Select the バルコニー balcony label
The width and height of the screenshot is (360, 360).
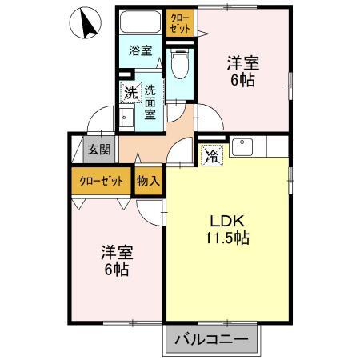coord(213,340)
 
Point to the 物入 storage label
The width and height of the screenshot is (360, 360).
coord(149,181)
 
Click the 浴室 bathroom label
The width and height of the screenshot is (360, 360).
coord(141,51)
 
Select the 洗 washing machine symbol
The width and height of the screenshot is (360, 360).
coord(130,93)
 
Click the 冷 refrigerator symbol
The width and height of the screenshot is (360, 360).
coord(211,155)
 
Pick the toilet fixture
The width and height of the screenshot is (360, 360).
coord(180,61)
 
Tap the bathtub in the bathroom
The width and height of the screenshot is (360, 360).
coord(141,23)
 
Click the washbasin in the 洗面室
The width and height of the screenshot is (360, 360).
coord(128,118)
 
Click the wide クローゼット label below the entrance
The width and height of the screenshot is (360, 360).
coord(102,181)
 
